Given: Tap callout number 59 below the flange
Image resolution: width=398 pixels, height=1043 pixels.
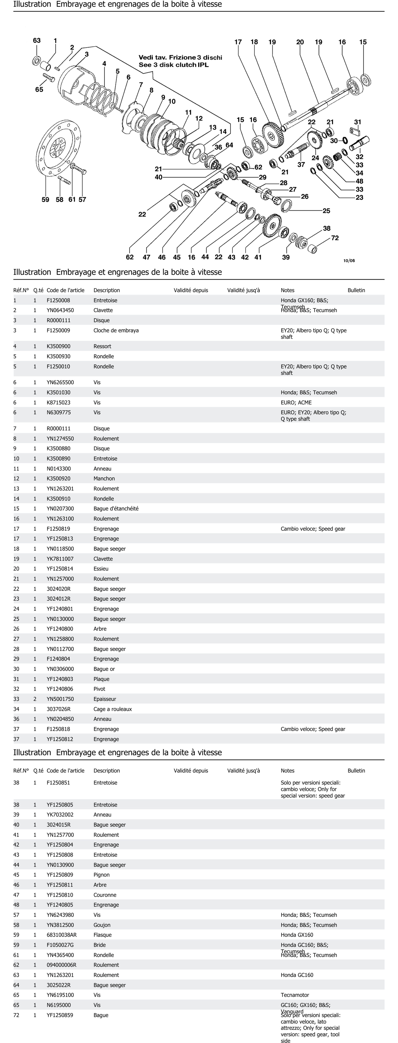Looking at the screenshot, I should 45,200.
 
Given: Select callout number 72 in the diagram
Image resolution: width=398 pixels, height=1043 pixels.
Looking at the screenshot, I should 335,238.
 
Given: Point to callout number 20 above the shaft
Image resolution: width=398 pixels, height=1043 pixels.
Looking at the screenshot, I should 300,42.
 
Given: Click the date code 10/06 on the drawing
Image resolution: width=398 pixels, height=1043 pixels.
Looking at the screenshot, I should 349,261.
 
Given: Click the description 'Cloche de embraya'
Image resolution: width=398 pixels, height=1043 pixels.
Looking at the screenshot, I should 116,330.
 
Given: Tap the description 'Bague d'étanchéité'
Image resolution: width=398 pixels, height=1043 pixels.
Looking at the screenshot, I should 116,509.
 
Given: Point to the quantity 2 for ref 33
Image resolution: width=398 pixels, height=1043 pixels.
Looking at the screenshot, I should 35,699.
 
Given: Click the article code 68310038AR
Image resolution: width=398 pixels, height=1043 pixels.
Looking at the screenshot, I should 62,935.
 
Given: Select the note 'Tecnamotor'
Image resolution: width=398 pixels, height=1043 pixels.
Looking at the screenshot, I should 295,995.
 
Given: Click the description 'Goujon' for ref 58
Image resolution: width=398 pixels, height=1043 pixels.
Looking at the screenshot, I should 102,925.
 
